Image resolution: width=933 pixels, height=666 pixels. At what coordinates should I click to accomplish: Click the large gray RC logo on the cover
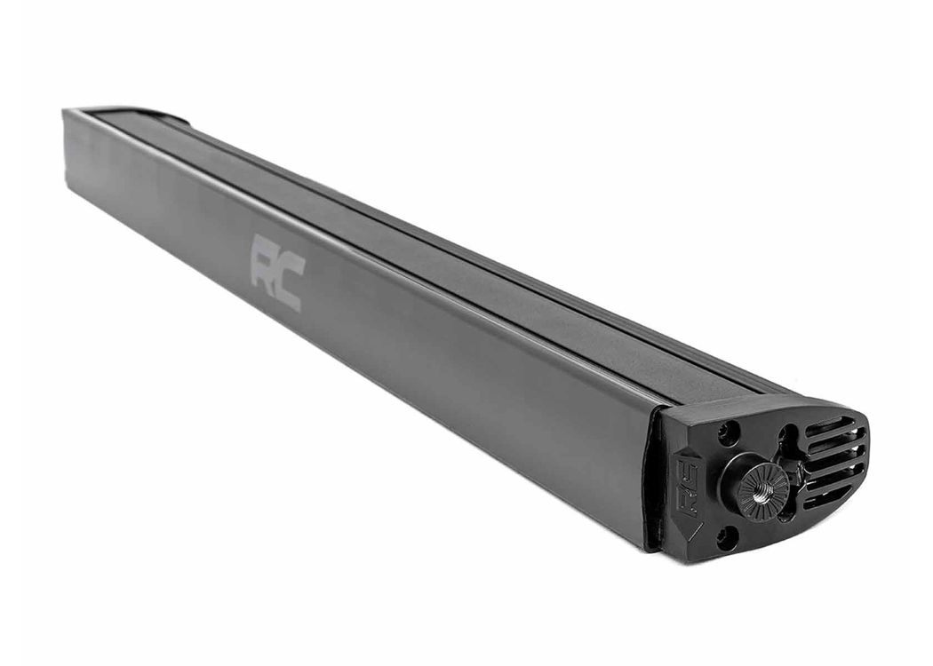[277, 272]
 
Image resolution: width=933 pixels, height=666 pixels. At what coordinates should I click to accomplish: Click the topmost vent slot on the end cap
[830, 426]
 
